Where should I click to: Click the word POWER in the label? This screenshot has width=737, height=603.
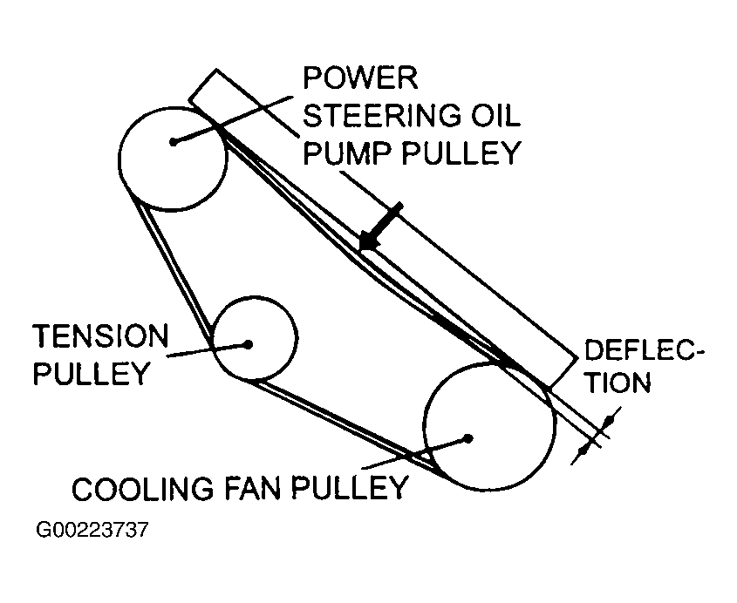pyautogui.click(x=360, y=78)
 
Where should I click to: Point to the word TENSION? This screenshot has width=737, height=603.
pyautogui.click(x=100, y=335)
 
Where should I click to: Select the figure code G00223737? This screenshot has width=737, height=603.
pyautogui.click(x=92, y=530)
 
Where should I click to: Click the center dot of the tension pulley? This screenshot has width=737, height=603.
pyautogui.click(x=249, y=345)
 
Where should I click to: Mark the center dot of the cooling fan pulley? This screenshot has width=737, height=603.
pyautogui.click(x=467, y=438)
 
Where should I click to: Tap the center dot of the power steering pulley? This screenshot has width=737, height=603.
pyautogui.click(x=174, y=141)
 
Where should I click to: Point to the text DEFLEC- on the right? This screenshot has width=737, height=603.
pyautogui.click(x=639, y=350)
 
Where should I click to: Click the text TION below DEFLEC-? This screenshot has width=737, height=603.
pyautogui.click(x=619, y=383)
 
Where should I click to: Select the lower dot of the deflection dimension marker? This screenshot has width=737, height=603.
pyautogui.click(x=583, y=451)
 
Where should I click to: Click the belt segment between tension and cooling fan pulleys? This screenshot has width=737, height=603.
pyautogui.click(x=343, y=423)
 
